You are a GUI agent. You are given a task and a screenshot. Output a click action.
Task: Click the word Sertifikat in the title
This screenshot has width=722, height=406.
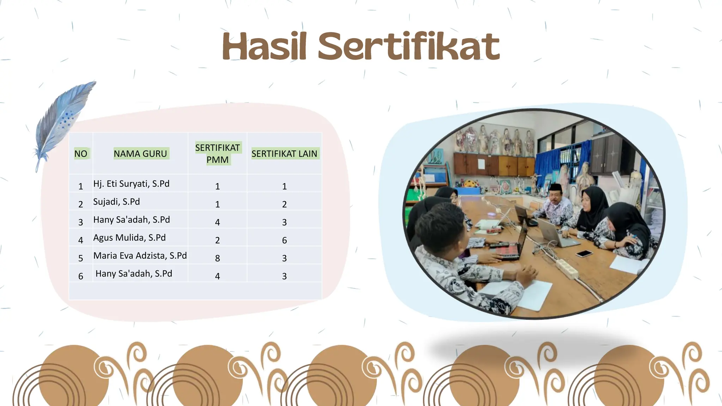[409, 47]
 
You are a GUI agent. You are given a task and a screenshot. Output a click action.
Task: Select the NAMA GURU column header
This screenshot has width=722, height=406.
[140, 154]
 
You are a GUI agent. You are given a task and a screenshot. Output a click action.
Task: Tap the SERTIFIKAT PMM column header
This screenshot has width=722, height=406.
[218, 154]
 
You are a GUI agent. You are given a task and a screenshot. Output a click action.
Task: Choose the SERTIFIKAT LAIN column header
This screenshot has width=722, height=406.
[284, 154]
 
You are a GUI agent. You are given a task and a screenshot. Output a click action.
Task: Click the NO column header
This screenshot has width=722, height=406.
[81, 154]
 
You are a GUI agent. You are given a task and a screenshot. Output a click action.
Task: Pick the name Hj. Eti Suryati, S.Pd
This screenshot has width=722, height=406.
[131, 184]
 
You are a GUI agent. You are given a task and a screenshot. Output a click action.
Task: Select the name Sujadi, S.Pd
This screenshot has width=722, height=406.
[116, 202]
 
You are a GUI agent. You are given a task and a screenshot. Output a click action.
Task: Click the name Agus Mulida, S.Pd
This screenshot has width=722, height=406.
[129, 238]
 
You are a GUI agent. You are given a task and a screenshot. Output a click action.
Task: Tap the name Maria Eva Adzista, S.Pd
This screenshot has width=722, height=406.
[140, 256]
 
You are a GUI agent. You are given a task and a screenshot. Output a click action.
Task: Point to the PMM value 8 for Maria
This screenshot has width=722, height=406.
[218, 258]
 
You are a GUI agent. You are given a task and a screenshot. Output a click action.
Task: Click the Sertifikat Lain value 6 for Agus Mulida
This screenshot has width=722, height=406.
[284, 240]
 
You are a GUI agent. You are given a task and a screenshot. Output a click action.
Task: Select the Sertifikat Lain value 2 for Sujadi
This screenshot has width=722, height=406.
[284, 204]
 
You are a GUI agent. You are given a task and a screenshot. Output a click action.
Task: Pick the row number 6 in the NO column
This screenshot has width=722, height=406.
[81, 276]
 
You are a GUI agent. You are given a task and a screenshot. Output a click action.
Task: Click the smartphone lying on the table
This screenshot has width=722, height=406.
[584, 253]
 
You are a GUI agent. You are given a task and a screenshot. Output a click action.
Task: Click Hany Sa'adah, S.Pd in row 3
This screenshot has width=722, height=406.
[131, 220]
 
